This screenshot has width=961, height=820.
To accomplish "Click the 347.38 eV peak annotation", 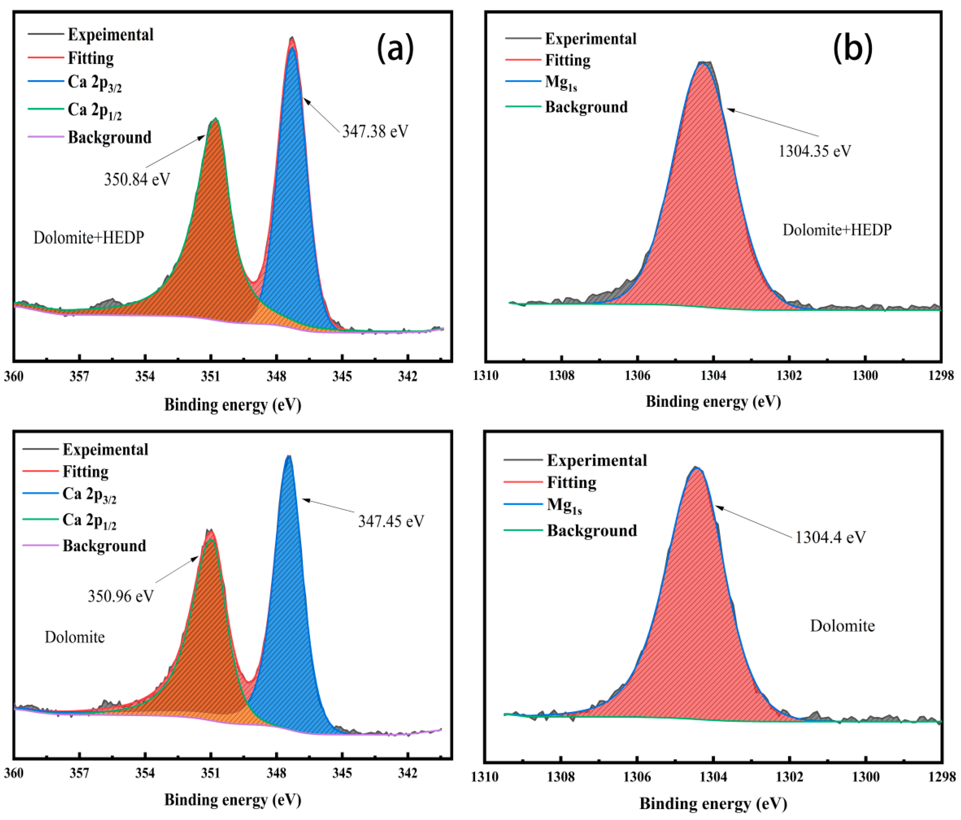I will click(x=375, y=131).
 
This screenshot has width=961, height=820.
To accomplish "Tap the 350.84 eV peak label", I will click(x=137, y=179).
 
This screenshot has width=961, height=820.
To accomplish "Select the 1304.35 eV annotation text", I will click(x=814, y=151).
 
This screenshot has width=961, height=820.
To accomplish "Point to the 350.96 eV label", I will click(x=121, y=596).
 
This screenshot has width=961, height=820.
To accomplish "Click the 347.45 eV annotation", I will click(x=391, y=521).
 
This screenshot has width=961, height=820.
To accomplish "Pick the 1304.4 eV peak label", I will click(x=830, y=537).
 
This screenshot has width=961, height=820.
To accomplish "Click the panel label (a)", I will click(x=395, y=48).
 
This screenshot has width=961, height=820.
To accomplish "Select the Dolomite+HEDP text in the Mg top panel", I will click(x=837, y=230).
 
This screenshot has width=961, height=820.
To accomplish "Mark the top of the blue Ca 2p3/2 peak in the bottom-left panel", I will click(x=288, y=456).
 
